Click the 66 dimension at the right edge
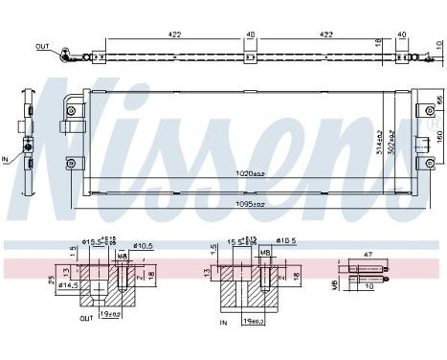tap(439, 101)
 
